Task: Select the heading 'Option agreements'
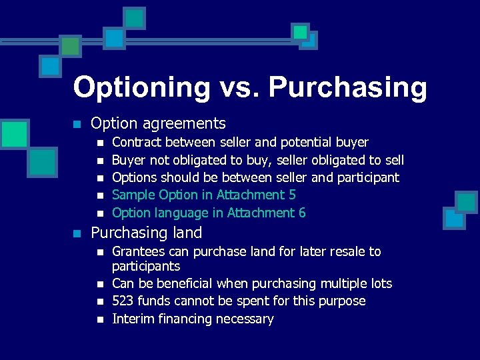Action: (x=158, y=123)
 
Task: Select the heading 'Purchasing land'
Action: (x=146, y=233)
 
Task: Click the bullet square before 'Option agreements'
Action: (x=77, y=124)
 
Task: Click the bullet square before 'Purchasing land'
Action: (x=77, y=233)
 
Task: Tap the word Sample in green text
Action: (x=133, y=195)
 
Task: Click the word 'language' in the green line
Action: (x=181, y=213)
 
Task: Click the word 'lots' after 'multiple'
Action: (x=381, y=283)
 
